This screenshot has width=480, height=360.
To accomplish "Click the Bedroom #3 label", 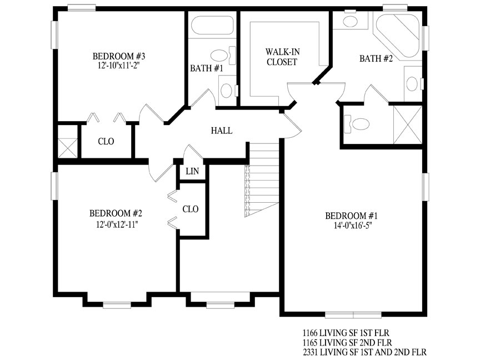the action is [119, 56].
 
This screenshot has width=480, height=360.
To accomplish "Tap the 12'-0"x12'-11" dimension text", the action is [117, 224].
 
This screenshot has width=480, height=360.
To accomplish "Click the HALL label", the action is [222, 131].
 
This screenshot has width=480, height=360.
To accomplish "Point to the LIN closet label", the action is [192, 171].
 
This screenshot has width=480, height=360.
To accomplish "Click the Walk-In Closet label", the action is [282, 57].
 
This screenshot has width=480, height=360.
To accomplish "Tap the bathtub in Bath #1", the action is [212, 25].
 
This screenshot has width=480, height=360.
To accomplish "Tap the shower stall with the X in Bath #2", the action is [408, 124].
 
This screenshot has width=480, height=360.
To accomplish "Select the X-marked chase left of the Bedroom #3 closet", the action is [68, 148].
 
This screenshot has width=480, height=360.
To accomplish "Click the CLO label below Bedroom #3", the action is [106, 142].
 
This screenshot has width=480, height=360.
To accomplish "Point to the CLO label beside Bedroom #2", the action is [191, 209].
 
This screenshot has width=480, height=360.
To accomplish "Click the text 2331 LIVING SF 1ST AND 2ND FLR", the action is [364, 352].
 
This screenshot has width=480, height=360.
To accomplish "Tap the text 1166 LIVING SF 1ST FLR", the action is [346, 333].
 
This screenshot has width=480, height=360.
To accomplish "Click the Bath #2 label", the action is [376, 58].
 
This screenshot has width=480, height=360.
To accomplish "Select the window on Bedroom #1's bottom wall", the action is [353, 315].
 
